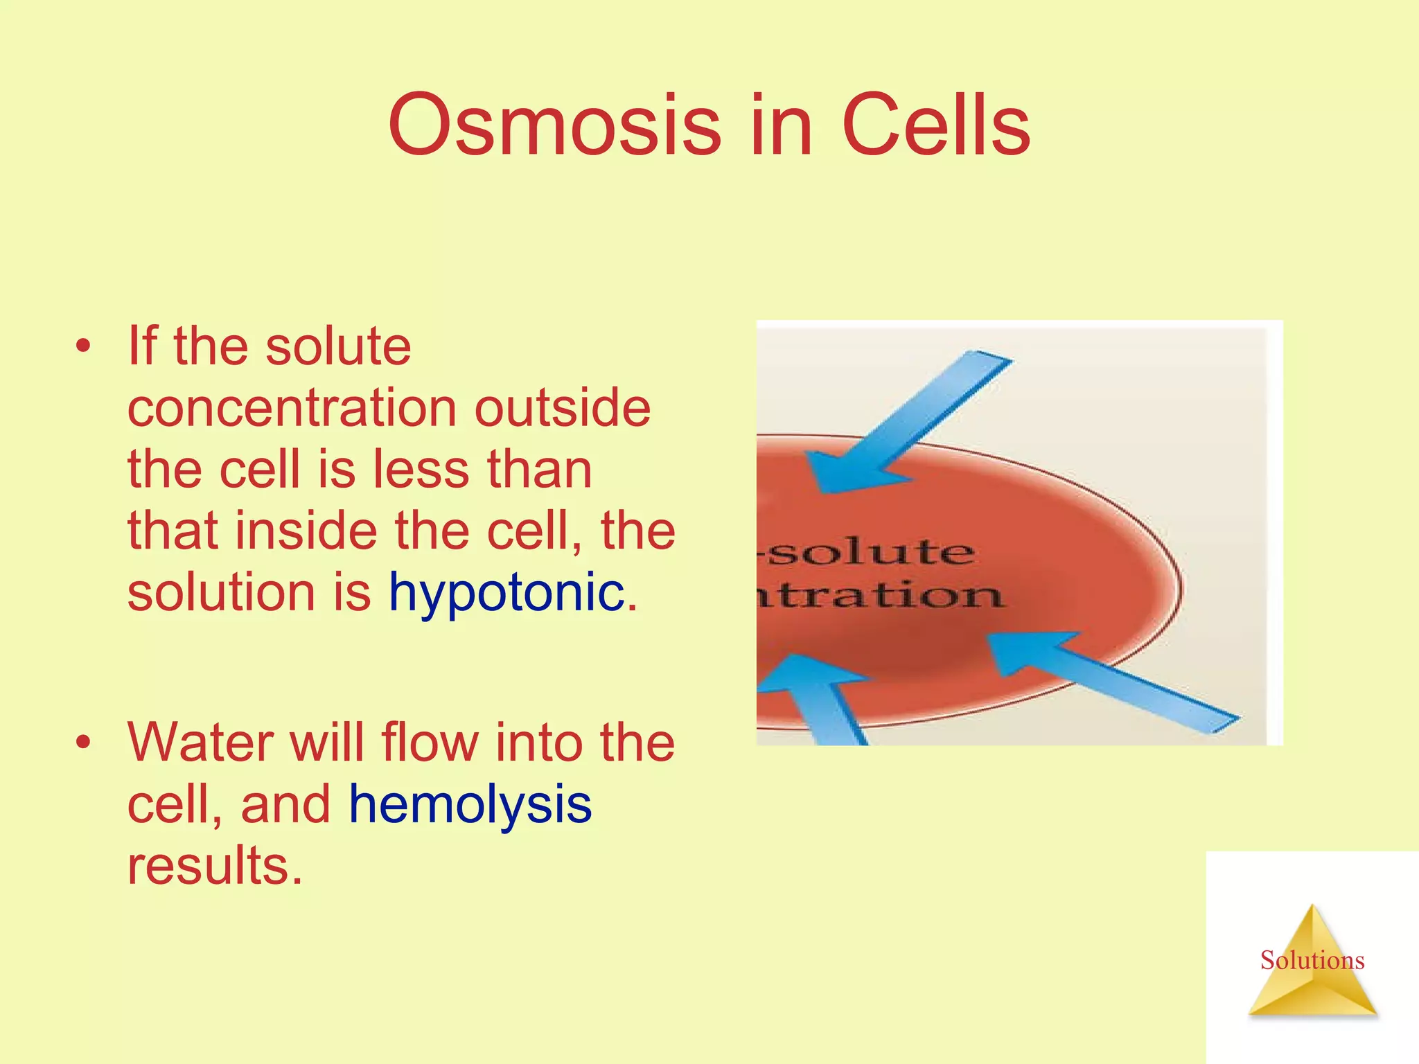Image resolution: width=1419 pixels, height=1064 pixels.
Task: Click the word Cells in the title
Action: click(936, 125)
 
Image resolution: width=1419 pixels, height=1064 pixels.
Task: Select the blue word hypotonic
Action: click(506, 593)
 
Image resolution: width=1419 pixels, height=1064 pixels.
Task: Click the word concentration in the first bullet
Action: click(292, 408)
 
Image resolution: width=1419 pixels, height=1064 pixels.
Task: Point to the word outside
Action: click(562, 408)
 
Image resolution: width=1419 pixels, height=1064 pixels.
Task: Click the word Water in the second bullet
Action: click(201, 743)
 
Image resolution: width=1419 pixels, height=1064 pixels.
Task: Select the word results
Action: click(215, 866)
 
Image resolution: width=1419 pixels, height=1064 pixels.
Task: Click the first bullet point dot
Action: click(84, 346)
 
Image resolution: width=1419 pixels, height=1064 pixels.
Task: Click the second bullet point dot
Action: click(84, 743)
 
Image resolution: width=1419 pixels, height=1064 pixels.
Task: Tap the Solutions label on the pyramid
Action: click(1312, 961)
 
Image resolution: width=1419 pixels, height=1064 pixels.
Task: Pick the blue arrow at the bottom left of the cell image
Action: click(818, 700)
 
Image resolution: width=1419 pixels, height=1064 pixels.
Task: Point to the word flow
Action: click(430, 743)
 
